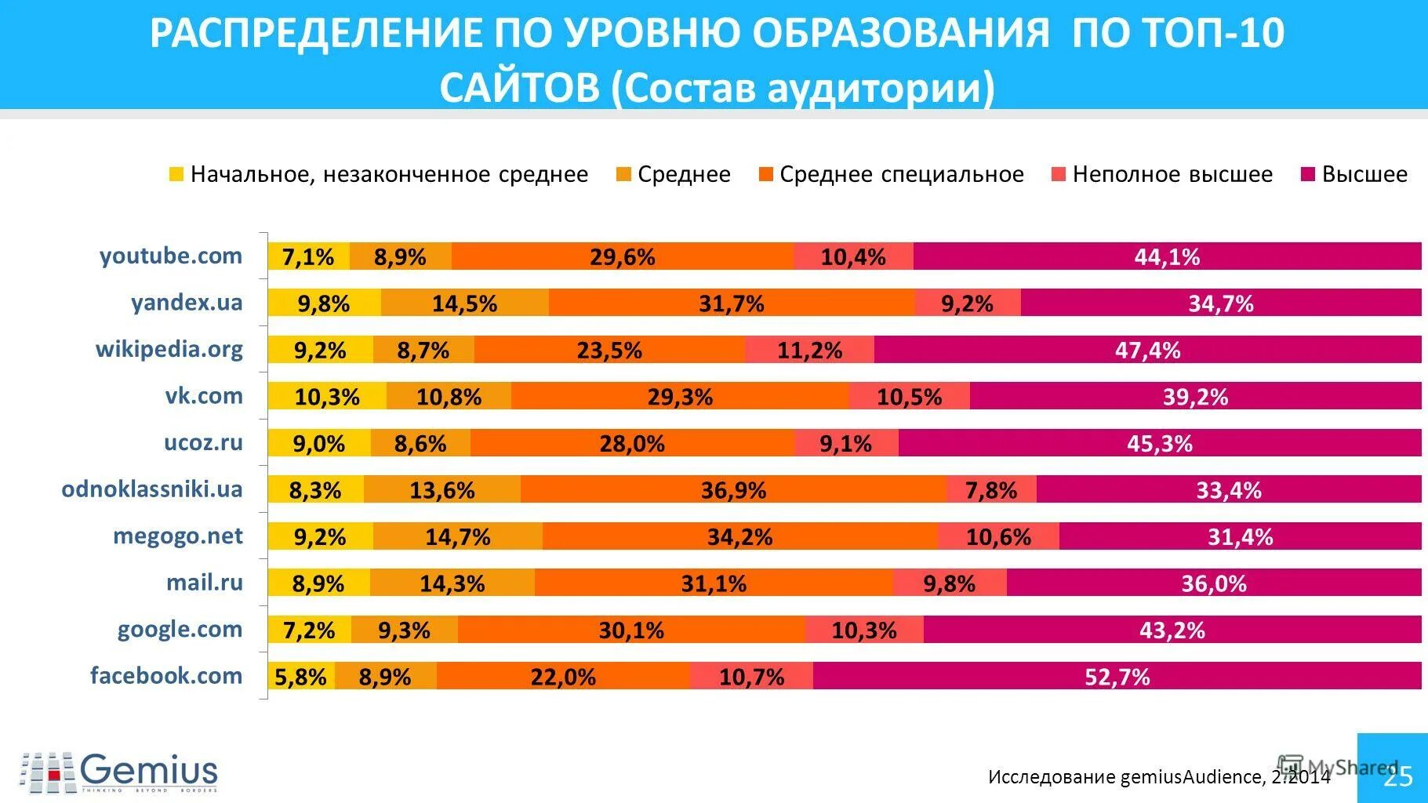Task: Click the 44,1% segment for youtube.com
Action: point(1167,256)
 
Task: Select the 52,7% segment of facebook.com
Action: point(1117,676)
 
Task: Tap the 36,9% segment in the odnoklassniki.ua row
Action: point(733,490)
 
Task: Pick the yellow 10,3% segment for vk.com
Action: point(327,396)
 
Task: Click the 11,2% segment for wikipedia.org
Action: point(809,350)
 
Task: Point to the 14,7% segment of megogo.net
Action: point(458,536)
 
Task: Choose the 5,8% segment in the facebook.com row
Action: point(301,676)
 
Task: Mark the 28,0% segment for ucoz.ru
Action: point(632,443)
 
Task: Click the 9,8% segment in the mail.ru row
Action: point(949,583)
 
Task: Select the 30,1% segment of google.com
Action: point(631,630)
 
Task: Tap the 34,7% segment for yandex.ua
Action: point(1220,303)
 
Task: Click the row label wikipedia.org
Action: point(169,348)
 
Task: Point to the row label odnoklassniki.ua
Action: point(152,489)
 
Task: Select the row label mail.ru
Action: point(204,582)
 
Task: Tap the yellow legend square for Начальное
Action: point(176,174)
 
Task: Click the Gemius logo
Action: point(119,772)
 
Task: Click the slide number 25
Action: point(1397,776)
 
